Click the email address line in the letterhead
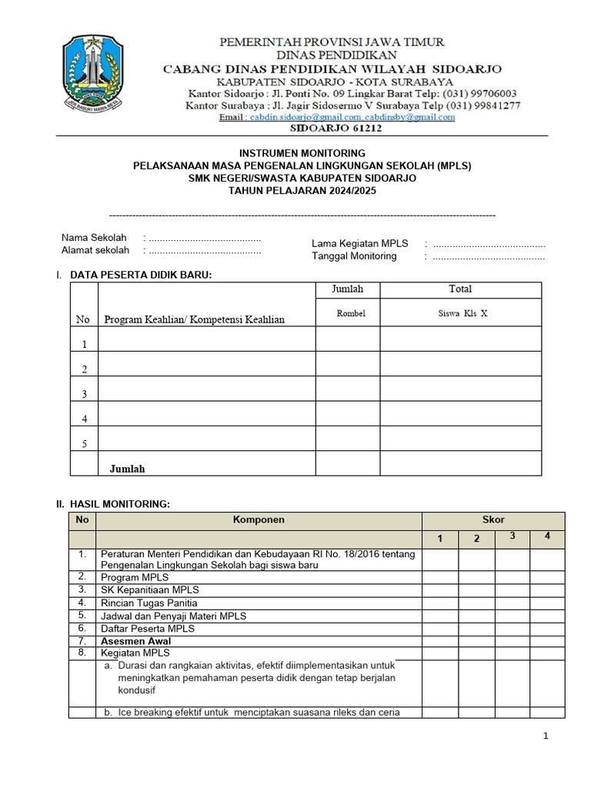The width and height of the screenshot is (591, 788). click(x=337, y=117)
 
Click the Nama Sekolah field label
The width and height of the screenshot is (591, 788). click(x=94, y=238)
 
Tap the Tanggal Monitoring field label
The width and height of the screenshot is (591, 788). click(x=354, y=256)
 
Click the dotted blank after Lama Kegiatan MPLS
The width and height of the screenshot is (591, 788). click(x=489, y=244)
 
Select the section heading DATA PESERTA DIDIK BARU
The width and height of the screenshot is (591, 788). click(x=141, y=275)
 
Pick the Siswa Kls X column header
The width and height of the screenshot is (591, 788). click(x=460, y=313)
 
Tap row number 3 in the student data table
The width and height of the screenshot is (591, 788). click(x=84, y=394)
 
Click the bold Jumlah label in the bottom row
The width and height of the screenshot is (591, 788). click(x=127, y=469)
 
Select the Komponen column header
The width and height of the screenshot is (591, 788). click(x=259, y=520)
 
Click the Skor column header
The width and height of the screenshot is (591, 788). click(x=492, y=520)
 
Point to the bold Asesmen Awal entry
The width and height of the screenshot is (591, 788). click(x=135, y=641)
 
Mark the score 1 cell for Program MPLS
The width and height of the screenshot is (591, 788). click(x=440, y=577)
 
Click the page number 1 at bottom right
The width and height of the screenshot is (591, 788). click(x=546, y=736)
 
